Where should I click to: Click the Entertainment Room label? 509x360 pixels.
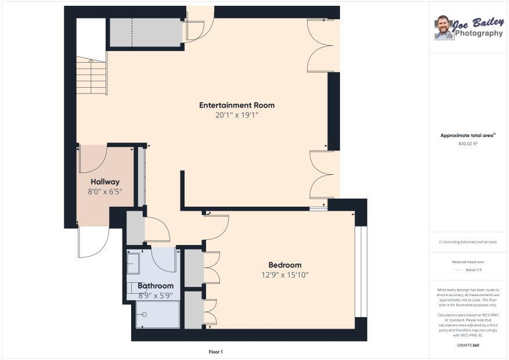point(237,105)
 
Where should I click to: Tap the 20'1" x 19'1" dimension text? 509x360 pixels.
point(237,115)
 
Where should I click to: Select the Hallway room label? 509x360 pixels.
point(105,182)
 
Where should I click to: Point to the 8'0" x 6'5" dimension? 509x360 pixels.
point(105,192)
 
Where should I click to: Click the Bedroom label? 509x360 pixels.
point(285,265)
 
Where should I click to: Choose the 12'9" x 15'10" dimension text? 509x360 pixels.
point(285,275)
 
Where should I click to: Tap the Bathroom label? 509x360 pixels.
point(156,286)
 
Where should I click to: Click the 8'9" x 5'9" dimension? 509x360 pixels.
point(156,296)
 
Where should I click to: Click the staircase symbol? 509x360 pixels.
point(92,75)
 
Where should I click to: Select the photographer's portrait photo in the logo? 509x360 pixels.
point(443,27)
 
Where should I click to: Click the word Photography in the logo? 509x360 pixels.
point(479,33)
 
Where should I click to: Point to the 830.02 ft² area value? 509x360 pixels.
point(468,143)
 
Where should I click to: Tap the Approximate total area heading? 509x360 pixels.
point(467,135)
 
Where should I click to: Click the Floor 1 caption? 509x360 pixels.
point(215,352)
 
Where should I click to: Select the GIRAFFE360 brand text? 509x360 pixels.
point(468,345)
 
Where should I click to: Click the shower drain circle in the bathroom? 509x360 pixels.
point(144,315)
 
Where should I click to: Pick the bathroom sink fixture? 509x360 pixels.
point(133,263)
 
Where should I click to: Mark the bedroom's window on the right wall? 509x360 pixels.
point(360,271)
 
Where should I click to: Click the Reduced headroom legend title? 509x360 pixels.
point(468,262)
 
